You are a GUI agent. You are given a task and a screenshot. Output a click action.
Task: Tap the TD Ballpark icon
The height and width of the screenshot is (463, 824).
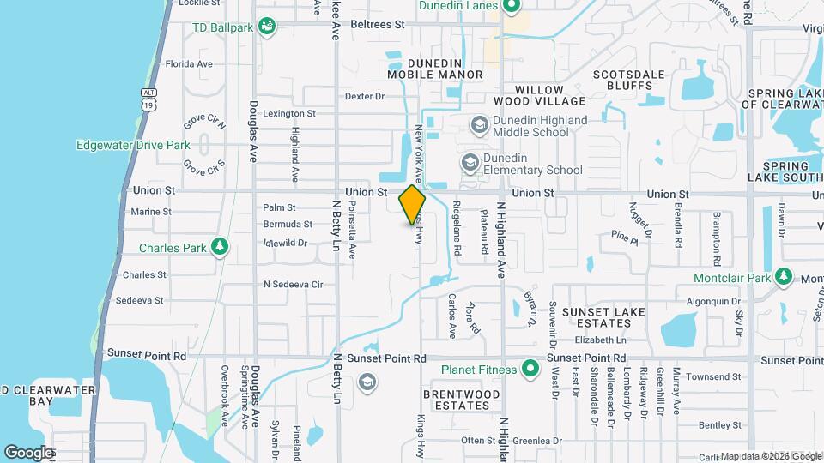pyautogui.click(x=269, y=27)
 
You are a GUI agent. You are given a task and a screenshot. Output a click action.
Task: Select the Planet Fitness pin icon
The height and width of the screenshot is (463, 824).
pyautogui.click(x=530, y=370)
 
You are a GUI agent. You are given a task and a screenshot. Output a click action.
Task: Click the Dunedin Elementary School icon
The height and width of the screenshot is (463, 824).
pyautogui.click(x=470, y=162)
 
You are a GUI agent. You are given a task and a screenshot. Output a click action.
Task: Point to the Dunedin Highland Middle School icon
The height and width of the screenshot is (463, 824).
pyautogui.click(x=478, y=126)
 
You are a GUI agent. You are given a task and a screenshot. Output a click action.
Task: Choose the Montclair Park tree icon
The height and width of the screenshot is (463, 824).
pyautogui.click(x=783, y=277)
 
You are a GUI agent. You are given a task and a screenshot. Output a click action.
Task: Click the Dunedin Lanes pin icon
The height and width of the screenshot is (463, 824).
pyautogui.click(x=512, y=7)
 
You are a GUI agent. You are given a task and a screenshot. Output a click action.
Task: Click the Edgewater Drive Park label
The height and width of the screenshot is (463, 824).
pyautogui.click(x=132, y=145)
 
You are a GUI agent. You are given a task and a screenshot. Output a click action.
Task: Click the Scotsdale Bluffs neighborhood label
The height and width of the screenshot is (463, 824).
pyautogui.click(x=629, y=80)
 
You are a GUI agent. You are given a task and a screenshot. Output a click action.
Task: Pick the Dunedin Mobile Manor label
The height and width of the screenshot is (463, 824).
pyautogui.click(x=434, y=69)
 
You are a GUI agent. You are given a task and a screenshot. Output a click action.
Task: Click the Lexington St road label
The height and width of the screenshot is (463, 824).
pyautogui.click(x=289, y=113)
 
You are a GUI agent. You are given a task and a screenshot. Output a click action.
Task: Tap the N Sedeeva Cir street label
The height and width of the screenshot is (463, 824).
pyautogui.click(x=292, y=284)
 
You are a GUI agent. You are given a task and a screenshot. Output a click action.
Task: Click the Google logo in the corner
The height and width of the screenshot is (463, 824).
pyautogui.click(x=28, y=452)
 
